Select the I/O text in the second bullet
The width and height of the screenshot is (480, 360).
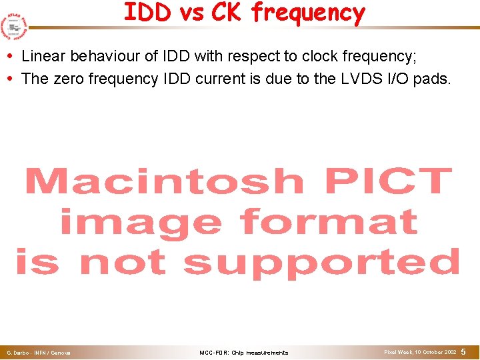[x=397, y=79]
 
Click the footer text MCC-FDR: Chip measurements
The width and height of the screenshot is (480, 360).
[x=244, y=353]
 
